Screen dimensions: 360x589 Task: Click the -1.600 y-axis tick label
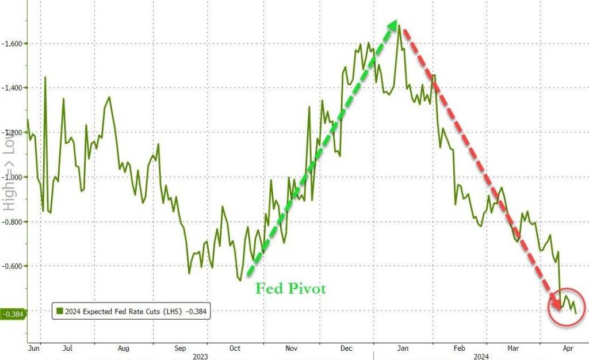[13, 43]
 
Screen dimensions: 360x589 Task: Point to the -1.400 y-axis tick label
[13, 87]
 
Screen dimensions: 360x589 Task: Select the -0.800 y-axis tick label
[13, 221]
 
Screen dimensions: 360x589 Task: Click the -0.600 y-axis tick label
[13, 266]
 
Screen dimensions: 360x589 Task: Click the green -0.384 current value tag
[12, 314]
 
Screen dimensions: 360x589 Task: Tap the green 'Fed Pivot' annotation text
[290, 289]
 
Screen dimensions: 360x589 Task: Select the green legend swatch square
[59, 311]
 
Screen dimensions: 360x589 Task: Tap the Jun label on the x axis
[33, 347]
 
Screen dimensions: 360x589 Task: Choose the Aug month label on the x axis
[123, 347]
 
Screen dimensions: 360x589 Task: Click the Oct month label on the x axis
[235, 347]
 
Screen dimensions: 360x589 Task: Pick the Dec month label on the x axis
[346, 347]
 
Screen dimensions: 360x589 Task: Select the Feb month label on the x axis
[459, 347]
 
